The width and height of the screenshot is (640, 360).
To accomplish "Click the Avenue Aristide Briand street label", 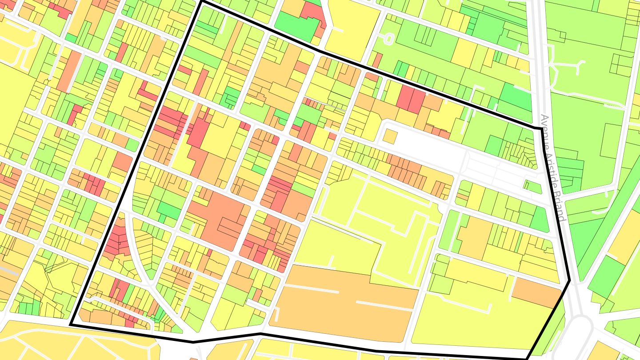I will (x=554, y=169).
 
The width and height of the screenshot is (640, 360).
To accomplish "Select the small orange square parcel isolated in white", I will (x=390, y=136).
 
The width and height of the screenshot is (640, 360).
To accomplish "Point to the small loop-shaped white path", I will (x=388, y=39).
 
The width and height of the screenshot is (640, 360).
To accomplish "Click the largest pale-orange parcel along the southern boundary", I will (x=347, y=302).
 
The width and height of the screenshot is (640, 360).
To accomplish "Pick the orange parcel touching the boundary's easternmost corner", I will (x=536, y=292).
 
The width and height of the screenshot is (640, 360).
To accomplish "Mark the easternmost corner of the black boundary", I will (x=570, y=280).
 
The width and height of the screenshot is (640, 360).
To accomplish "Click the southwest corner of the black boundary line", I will (x=70, y=325).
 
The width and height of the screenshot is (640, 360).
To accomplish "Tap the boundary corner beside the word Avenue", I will (x=541, y=128).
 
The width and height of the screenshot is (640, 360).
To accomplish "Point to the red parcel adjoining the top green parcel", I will (x=314, y=16).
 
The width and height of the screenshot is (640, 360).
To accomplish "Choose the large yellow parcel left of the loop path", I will (x=351, y=27).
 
